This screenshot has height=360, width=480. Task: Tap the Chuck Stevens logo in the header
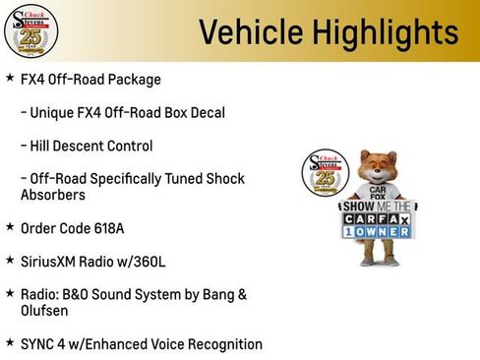[30, 30]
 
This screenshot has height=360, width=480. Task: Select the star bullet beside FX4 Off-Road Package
[9, 77]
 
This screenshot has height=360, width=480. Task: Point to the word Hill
[45, 146]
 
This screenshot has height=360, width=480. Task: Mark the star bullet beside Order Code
[9, 227]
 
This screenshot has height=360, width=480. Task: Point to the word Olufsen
[47, 311]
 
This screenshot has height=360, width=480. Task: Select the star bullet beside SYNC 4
[9, 343]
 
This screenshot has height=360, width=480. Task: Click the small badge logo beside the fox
[322, 172]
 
